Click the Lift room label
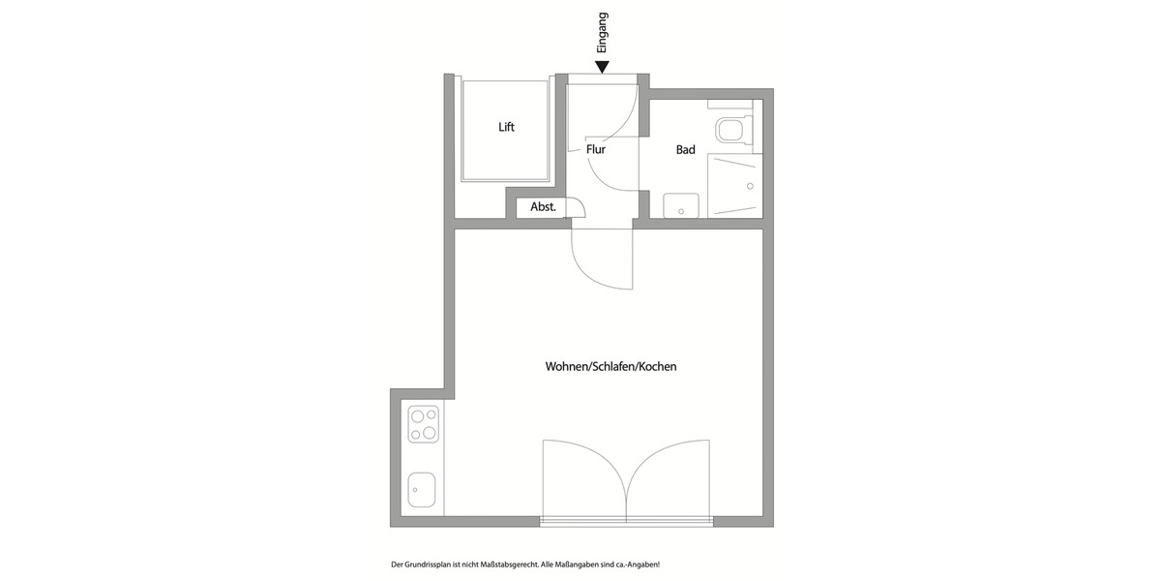(x=506, y=127)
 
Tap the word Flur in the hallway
(x=596, y=150)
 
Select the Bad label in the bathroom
(x=686, y=150)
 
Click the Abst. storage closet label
(x=543, y=207)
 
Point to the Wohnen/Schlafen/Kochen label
(x=610, y=367)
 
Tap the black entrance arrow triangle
(x=603, y=67)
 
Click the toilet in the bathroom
(x=732, y=130)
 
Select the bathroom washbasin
(x=681, y=205)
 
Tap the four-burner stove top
(x=424, y=424)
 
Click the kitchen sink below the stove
(x=421, y=489)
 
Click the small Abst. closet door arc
(x=577, y=207)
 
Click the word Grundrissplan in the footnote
(x=424, y=565)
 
